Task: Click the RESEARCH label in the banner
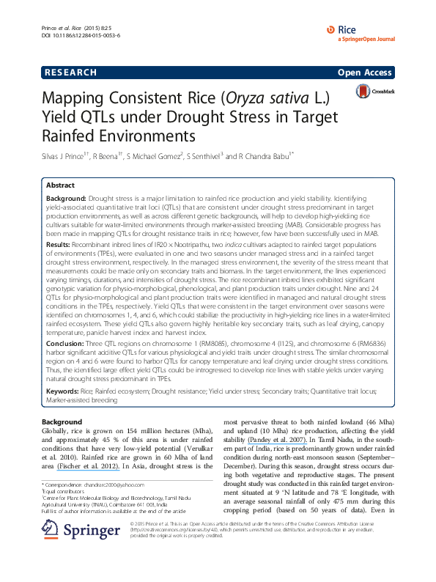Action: click(x=70, y=73)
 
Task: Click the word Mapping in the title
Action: click(x=74, y=99)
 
